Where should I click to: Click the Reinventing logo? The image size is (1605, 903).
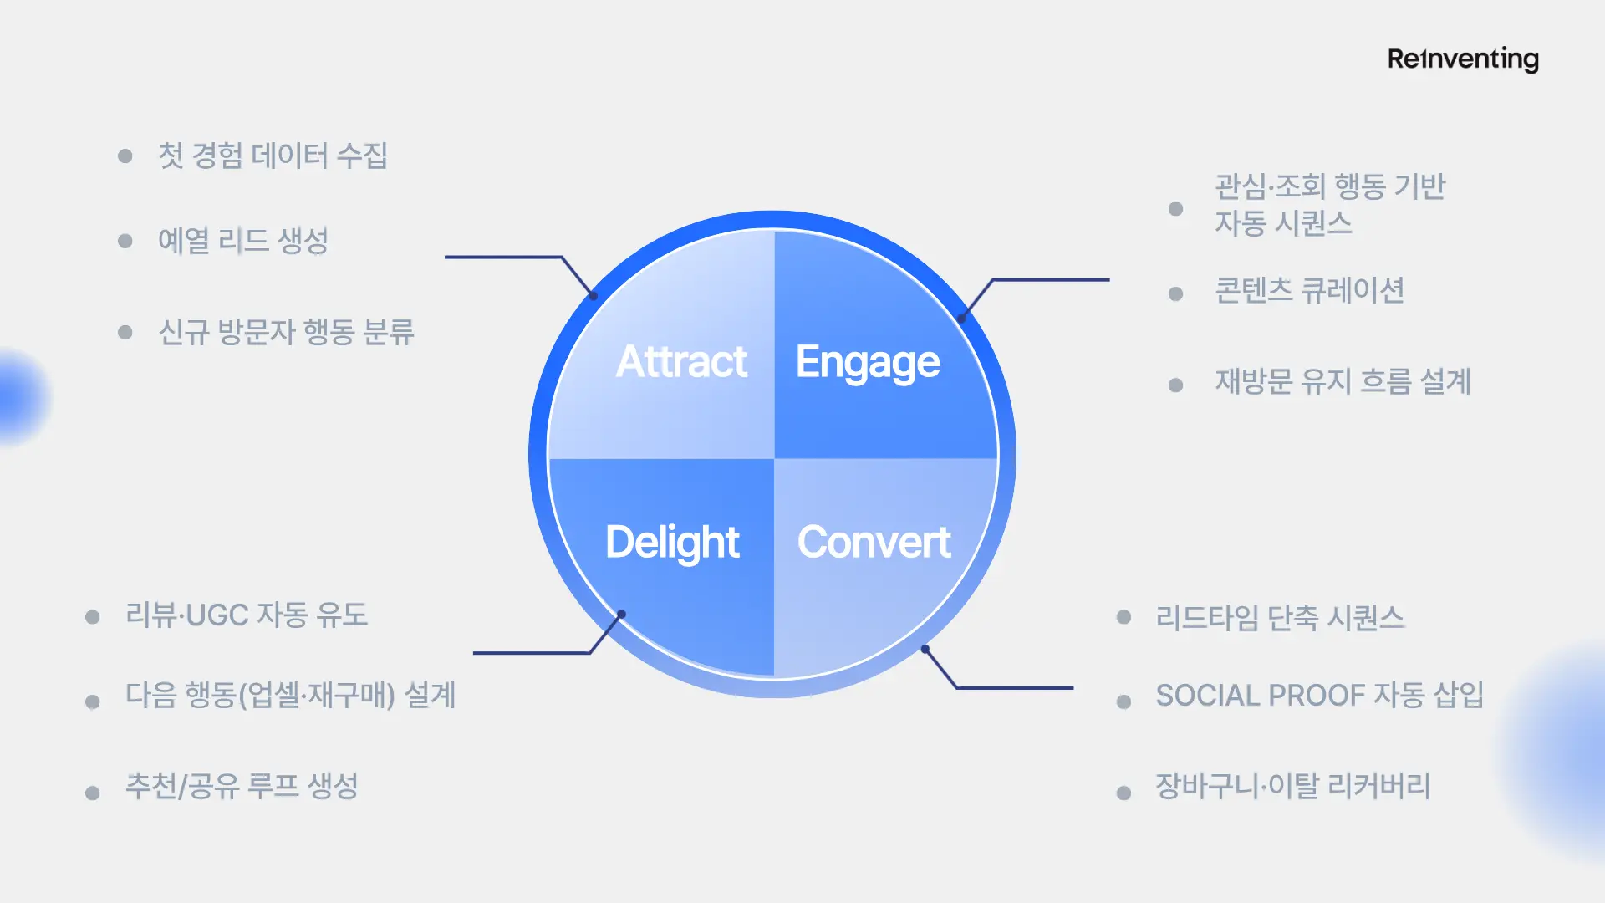click(x=1463, y=59)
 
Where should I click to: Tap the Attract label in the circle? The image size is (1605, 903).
click(x=681, y=361)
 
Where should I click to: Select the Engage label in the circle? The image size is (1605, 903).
click(x=868, y=362)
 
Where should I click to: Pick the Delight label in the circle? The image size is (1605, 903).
click(x=672, y=542)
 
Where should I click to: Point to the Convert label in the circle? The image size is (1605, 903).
click(x=874, y=542)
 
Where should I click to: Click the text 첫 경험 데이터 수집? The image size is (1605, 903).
click(x=273, y=156)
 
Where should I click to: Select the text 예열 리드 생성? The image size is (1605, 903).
click(x=242, y=241)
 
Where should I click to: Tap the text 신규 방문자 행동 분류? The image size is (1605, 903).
click(x=286, y=332)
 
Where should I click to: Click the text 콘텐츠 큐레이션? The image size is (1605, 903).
click(x=1309, y=291)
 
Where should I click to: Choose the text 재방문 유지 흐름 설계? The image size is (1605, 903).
click(x=1343, y=382)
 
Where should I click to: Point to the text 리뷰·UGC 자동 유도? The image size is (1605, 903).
click(x=247, y=615)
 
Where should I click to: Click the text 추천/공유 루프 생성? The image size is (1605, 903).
click(x=242, y=786)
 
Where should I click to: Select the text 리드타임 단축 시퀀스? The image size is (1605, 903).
click(x=1280, y=618)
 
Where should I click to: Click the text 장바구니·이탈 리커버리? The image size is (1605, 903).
click(x=1292, y=786)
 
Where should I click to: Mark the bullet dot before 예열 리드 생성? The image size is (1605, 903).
click(x=125, y=242)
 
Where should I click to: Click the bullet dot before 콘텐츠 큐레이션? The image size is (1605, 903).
click(x=1175, y=293)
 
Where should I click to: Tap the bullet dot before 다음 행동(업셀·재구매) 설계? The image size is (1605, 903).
click(x=93, y=701)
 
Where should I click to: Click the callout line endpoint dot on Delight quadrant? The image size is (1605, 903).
click(x=621, y=615)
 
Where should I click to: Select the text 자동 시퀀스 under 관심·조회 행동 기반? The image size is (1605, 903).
click(x=1283, y=223)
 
